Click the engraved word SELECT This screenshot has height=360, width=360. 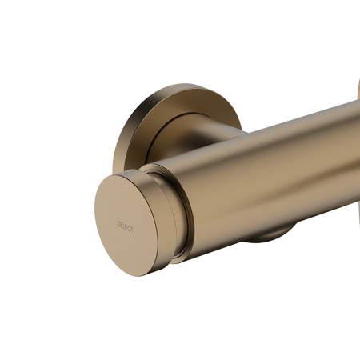point(126,226)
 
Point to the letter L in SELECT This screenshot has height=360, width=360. point(124,226)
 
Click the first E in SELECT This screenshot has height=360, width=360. point(122,226)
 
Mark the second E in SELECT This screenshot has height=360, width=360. point(126,226)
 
